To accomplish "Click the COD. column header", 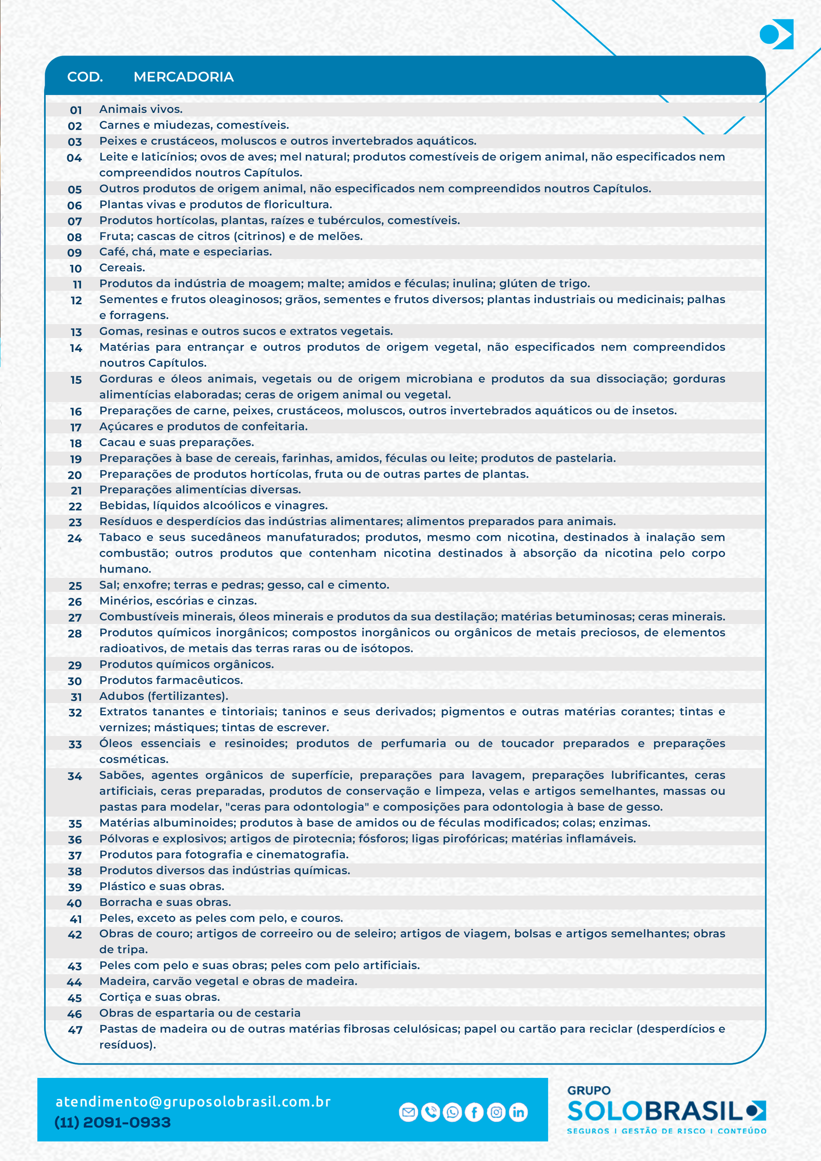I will [x=85, y=77].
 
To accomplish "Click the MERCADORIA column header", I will [x=183, y=77].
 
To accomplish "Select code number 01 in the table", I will [x=76, y=110].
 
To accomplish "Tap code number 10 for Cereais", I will [x=76, y=268].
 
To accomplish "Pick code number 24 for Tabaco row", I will [x=75, y=538].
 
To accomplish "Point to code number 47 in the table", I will [x=75, y=1030].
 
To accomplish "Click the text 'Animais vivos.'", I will [x=141, y=109].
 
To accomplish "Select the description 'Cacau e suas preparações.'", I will [x=177, y=442].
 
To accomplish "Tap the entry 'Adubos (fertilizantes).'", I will [x=164, y=696].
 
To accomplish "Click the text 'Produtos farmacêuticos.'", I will [x=171, y=680].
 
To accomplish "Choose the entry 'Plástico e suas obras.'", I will [x=162, y=887].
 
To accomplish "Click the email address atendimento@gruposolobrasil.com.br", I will [x=193, y=1102].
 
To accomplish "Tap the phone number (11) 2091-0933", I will [x=112, y=1123].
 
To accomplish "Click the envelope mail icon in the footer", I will [x=408, y=1112].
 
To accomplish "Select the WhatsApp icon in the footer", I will [x=453, y=1112].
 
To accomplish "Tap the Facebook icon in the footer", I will [x=474, y=1112].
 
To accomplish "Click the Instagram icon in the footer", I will [x=496, y=1112].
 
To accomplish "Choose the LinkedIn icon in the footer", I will [x=518, y=1112].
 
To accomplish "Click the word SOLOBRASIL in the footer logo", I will [x=655, y=1111].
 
